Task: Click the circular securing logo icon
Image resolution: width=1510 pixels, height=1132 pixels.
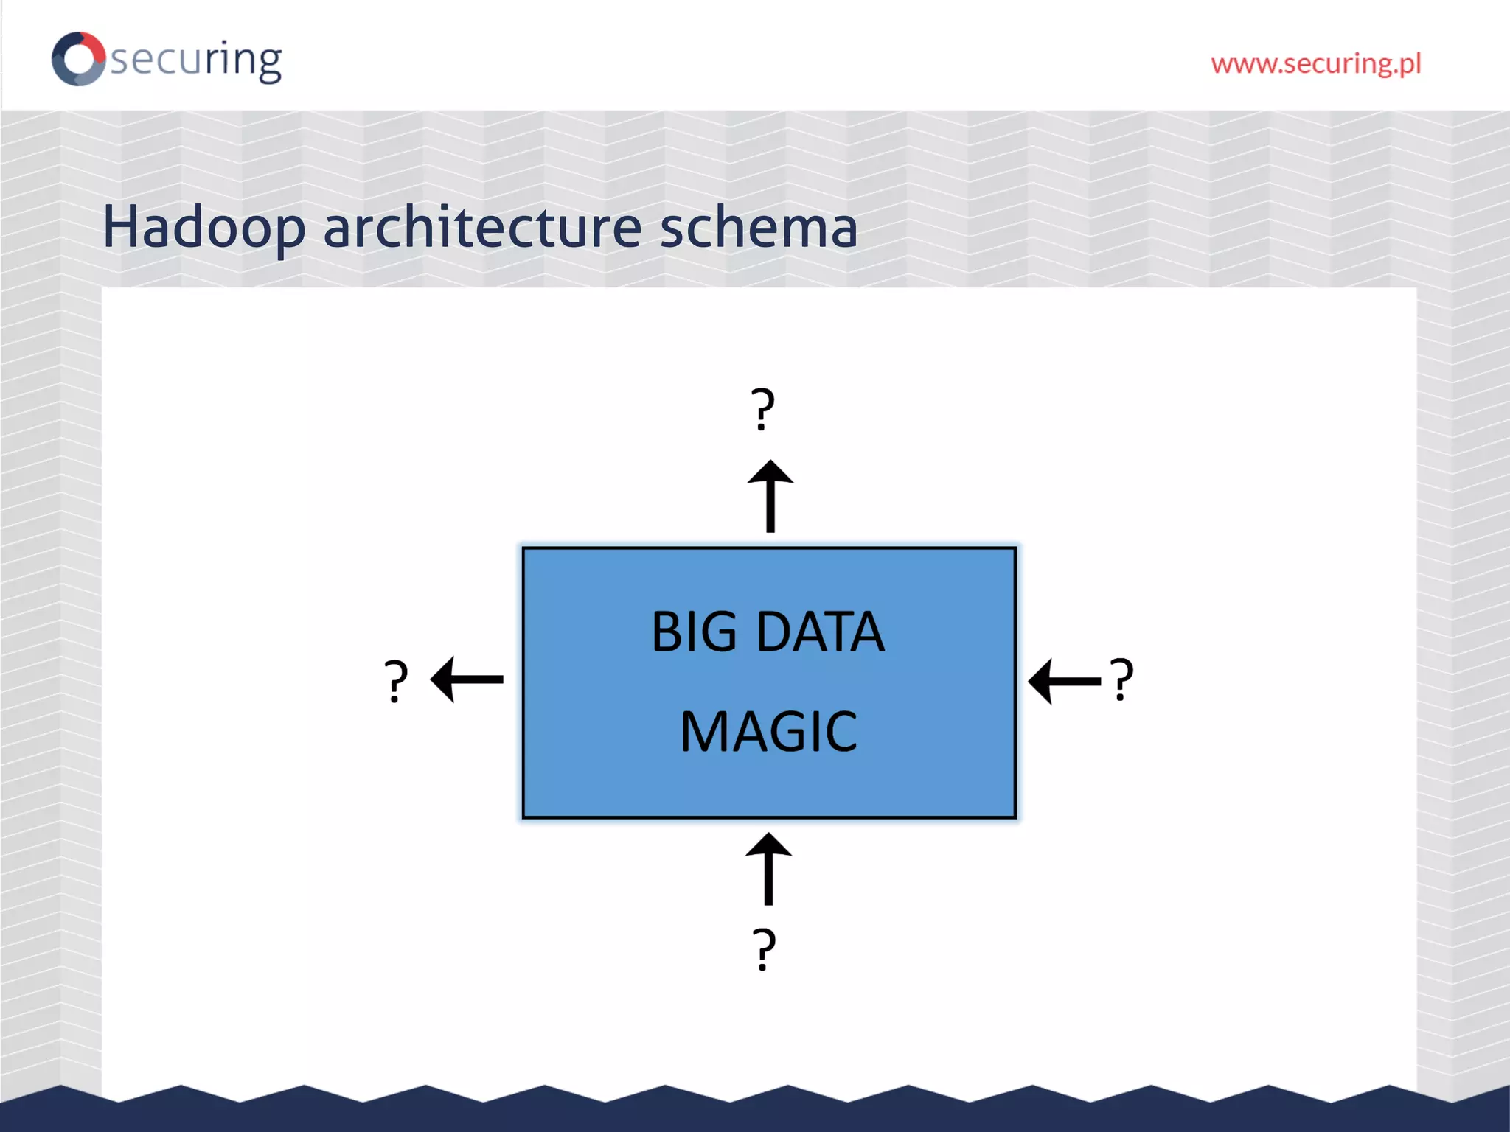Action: point(78,58)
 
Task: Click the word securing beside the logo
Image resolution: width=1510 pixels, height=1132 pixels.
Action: point(196,60)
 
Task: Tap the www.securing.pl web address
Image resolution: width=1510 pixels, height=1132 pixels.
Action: point(1316,63)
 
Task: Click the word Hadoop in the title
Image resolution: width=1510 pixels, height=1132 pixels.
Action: point(203,227)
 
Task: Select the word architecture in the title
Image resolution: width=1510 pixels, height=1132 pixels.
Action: point(482,227)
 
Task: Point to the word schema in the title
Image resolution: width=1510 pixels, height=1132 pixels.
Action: point(759,227)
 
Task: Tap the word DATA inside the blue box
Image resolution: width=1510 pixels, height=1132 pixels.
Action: point(820,632)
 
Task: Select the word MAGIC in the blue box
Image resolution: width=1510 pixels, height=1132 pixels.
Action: point(768,732)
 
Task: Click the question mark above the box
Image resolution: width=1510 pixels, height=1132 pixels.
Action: point(763,410)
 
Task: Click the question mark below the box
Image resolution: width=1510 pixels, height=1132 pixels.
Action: point(764,949)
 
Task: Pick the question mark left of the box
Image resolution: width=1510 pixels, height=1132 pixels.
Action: point(396,680)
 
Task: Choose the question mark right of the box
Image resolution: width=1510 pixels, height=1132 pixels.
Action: point(1121,679)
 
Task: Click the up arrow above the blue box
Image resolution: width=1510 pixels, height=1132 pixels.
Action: point(770,495)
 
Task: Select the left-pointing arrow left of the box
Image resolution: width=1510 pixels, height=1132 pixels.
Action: point(466,679)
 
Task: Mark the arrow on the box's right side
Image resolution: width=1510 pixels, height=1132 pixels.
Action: point(1063,682)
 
